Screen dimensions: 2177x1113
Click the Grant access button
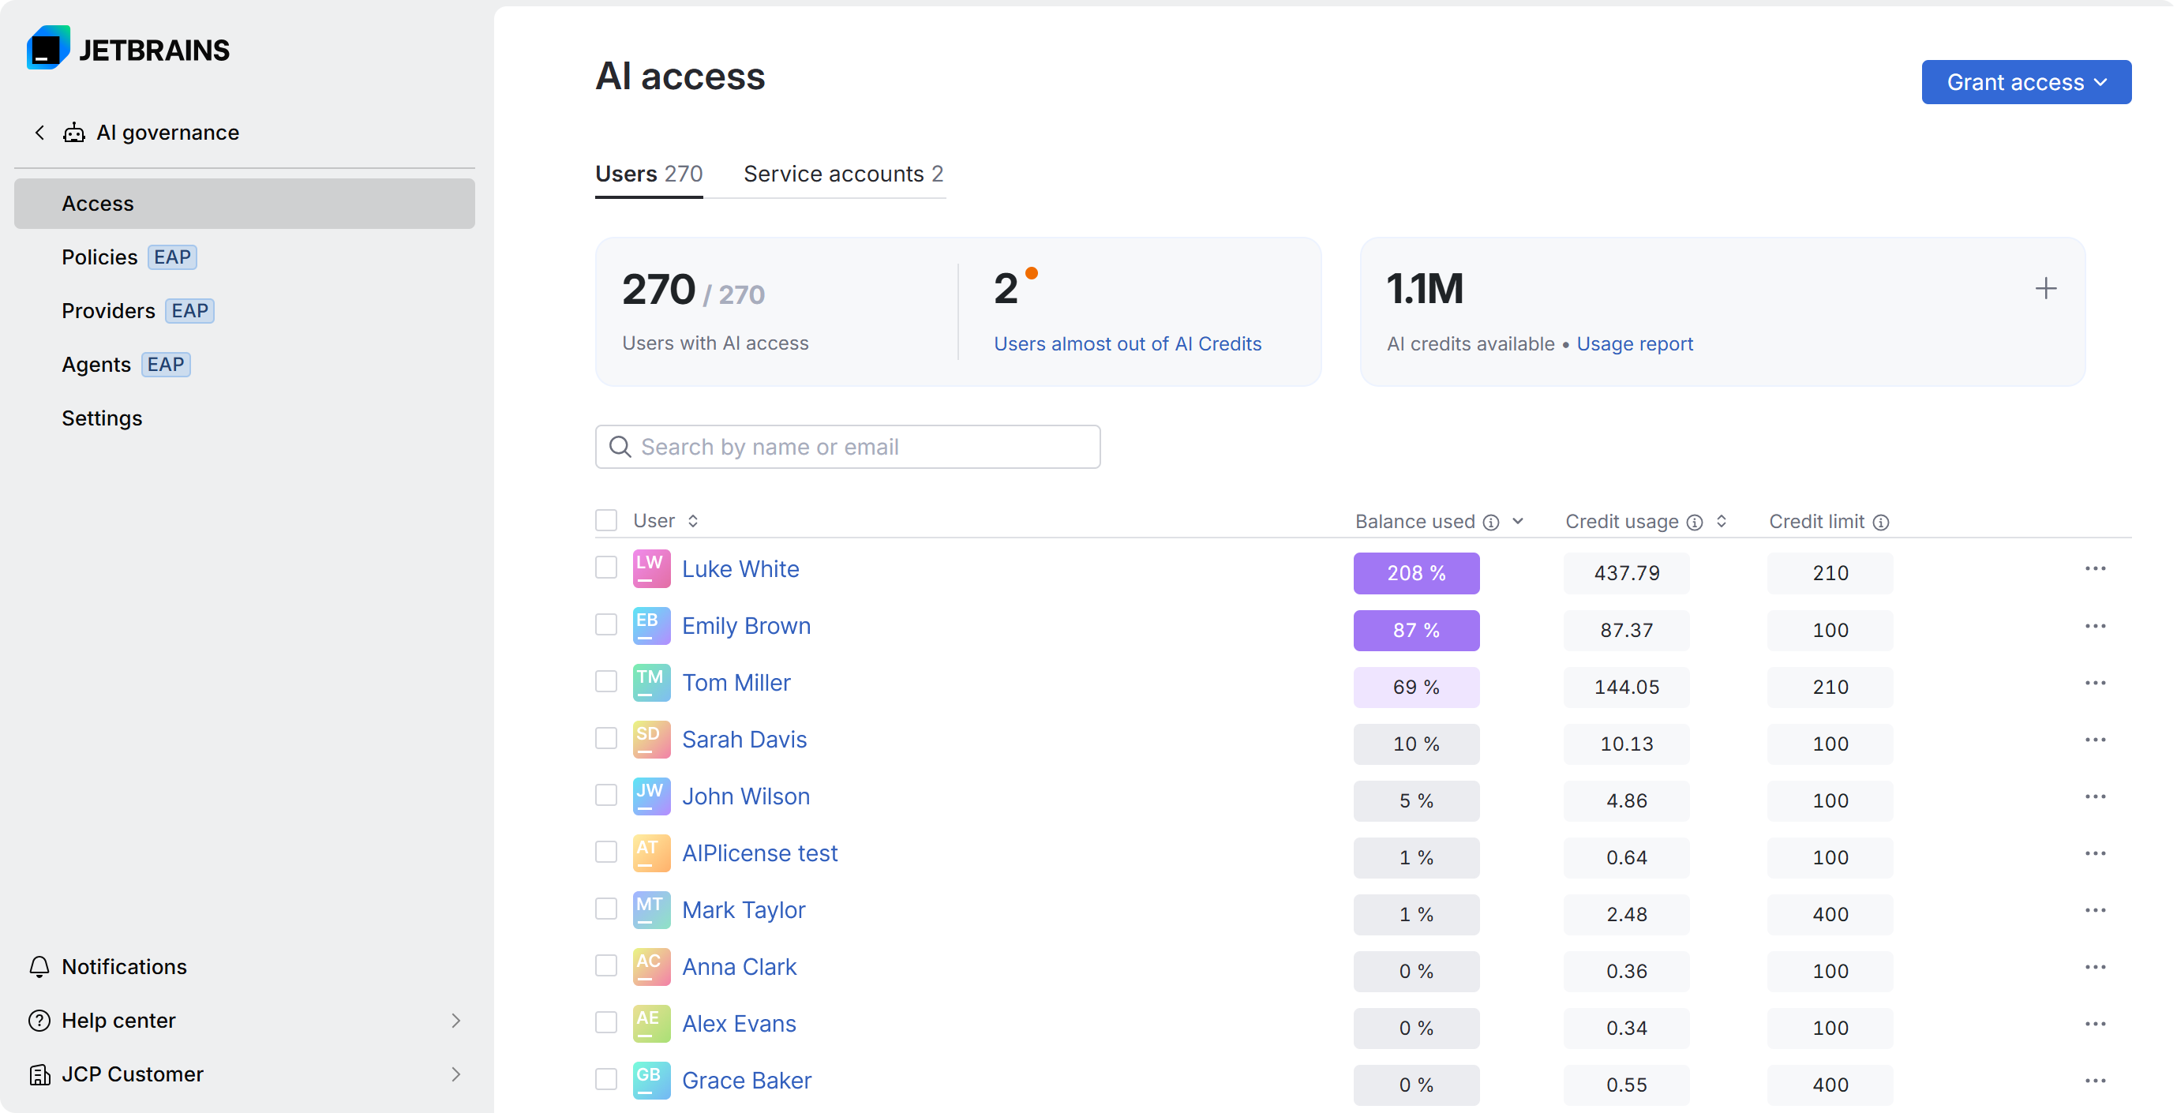(x=2025, y=82)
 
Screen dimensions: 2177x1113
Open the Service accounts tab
(x=842, y=174)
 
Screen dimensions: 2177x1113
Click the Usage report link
(x=1634, y=344)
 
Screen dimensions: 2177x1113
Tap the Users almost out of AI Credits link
(x=1126, y=344)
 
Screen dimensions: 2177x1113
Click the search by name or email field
(x=847, y=447)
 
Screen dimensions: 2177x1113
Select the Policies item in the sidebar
(x=99, y=257)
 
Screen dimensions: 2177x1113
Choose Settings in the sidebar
(x=101, y=418)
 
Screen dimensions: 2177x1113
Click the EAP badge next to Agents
(x=166, y=364)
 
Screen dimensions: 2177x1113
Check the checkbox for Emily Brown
(x=606, y=624)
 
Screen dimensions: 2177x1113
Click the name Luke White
(x=740, y=569)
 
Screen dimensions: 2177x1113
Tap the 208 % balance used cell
(x=1415, y=573)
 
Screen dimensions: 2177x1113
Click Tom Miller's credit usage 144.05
(x=1626, y=687)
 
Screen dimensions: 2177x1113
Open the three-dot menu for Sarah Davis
(x=2094, y=740)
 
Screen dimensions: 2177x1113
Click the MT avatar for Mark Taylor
(x=650, y=910)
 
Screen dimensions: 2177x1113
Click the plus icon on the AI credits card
(x=2045, y=289)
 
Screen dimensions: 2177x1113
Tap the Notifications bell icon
(x=39, y=967)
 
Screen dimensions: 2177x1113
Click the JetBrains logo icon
(x=47, y=48)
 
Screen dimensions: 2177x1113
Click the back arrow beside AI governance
(x=39, y=133)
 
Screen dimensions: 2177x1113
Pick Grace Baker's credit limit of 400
(x=1830, y=1085)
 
